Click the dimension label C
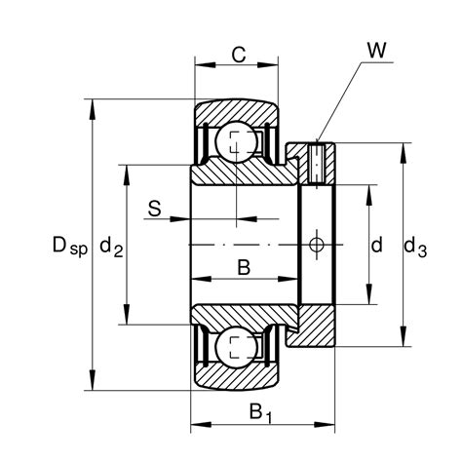point(239,55)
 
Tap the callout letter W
point(376,50)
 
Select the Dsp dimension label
point(70,246)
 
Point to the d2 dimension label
point(111,247)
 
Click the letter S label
point(155,209)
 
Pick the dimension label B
point(244,268)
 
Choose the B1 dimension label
point(260,412)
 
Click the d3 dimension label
point(415,247)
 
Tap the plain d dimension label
point(376,245)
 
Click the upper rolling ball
point(237,141)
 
